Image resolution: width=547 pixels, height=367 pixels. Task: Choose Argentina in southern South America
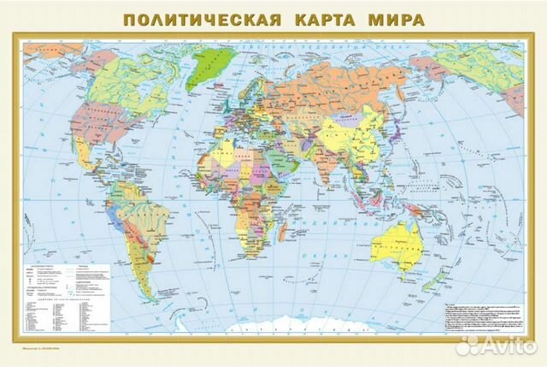(x=132, y=265)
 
